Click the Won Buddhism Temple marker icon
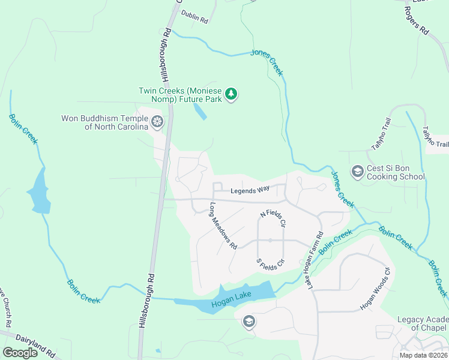point(157,122)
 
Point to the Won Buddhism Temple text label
point(104,122)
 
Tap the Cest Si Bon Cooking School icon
point(357,172)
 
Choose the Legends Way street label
point(250,191)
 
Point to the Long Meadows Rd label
point(223,226)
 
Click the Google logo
point(20,353)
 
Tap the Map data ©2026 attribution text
point(423,355)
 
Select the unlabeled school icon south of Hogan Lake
point(249,322)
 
